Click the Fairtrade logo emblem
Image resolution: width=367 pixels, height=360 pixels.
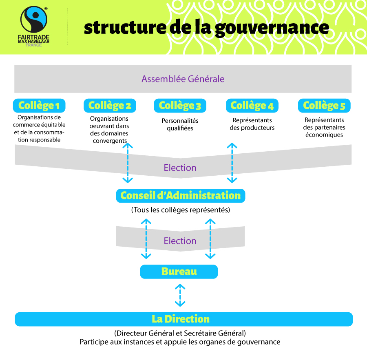[x=34, y=20]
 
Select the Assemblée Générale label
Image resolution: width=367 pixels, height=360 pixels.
[x=183, y=79]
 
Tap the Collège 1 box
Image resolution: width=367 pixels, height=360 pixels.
[x=39, y=106]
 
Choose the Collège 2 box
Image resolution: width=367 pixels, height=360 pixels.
[x=110, y=106]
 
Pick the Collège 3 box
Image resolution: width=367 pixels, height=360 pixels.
[x=180, y=106]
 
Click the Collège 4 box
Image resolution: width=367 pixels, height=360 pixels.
[x=252, y=106]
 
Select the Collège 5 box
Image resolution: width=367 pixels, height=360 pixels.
[x=324, y=106]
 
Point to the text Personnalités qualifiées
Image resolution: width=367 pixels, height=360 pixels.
[x=180, y=124]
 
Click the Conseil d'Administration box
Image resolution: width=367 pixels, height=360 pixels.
[x=181, y=196]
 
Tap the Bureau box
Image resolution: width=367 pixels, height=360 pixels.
[x=179, y=272]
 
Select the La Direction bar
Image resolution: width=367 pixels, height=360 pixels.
[x=184, y=319]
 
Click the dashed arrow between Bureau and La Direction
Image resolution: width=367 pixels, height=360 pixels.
[x=180, y=295]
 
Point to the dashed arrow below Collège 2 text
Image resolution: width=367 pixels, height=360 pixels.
[x=128, y=163]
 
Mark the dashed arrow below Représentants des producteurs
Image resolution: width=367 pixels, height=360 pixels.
[x=232, y=163]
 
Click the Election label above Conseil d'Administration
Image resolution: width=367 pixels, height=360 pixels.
[x=180, y=168]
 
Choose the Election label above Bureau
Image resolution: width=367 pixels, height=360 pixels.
[x=180, y=241]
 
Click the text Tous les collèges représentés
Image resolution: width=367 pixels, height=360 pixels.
[x=181, y=210]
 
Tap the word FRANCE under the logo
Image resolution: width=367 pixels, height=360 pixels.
[x=34, y=45]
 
